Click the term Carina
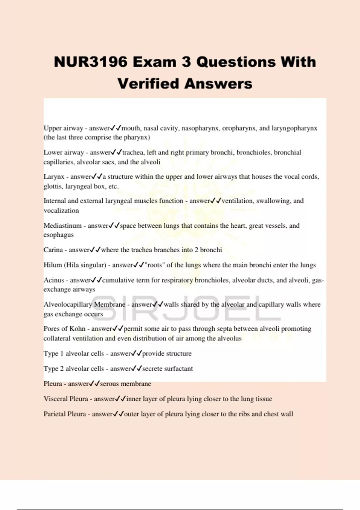53,250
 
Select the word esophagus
58,235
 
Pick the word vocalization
61,211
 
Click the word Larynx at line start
54,177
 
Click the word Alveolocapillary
68,304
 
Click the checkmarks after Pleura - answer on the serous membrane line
94,384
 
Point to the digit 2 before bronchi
196,250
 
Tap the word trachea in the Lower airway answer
133,152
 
